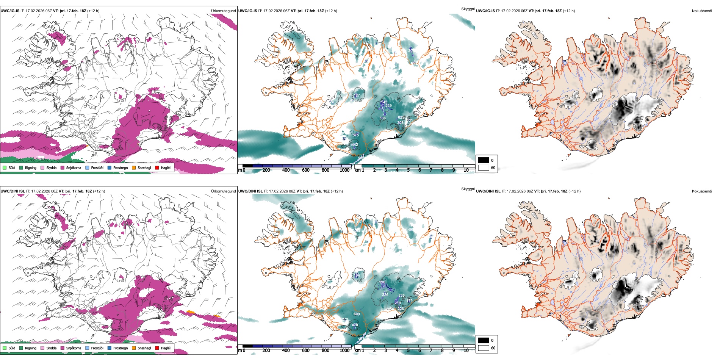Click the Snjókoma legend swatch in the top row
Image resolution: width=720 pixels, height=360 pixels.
click(x=63, y=167)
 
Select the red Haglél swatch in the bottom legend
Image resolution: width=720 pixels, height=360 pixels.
click(x=157, y=348)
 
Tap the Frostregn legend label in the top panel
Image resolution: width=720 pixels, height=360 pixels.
click(x=120, y=167)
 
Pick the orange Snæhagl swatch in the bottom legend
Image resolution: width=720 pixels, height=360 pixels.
click(x=134, y=348)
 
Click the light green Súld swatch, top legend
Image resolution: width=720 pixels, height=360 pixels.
click(x=5, y=167)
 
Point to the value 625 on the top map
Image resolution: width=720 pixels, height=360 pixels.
click(x=401, y=117)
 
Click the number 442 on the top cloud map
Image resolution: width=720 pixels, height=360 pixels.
click(x=354, y=144)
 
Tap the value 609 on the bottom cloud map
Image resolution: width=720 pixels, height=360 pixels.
click(x=357, y=314)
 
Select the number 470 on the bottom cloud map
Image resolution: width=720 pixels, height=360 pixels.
click(x=355, y=325)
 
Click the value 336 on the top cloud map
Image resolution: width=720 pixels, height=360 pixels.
click(x=383, y=118)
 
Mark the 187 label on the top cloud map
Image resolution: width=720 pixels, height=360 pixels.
click(x=357, y=95)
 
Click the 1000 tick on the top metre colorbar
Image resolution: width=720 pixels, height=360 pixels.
click(x=344, y=170)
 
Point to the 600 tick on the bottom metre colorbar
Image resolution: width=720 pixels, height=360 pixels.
click(x=306, y=351)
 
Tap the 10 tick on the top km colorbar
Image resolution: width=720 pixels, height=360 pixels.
click(x=466, y=170)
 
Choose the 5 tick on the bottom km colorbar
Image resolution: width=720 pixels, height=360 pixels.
click(x=409, y=351)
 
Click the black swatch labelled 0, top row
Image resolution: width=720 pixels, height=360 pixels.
click(x=484, y=160)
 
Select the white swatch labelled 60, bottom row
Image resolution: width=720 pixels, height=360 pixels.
click(x=484, y=347)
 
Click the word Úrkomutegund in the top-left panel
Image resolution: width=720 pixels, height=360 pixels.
click(x=223, y=11)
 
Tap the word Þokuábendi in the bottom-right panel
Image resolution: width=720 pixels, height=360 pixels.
click(x=702, y=191)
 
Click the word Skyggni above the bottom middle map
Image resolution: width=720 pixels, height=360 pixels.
click(x=468, y=189)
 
